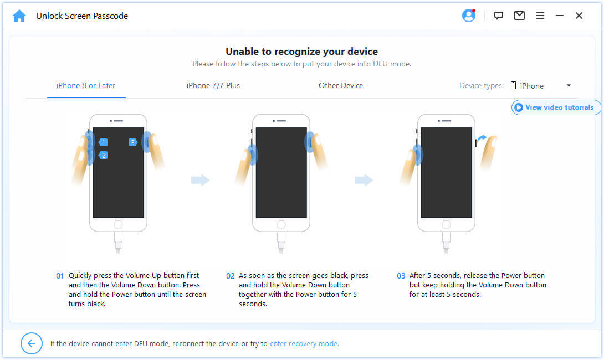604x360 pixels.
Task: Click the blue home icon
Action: [19, 16]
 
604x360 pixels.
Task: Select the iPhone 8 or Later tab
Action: [86, 85]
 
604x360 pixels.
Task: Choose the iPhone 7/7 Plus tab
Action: [213, 85]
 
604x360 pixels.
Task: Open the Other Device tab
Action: [341, 85]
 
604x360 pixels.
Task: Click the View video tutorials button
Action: [555, 107]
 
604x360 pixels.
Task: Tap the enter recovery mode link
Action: [304, 343]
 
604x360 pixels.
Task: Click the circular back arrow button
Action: [32, 343]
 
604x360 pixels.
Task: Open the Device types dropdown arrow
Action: [569, 85]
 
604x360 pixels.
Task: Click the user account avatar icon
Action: [469, 16]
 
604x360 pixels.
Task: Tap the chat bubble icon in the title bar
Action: [499, 16]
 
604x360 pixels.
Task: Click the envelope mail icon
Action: [519, 16]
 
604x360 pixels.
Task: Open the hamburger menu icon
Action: [540, 16]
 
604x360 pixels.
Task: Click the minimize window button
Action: [560, 16]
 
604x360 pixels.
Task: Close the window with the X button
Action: [579, 16]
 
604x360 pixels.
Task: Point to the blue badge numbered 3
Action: [133, 142]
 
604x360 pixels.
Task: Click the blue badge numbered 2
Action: [103, 155]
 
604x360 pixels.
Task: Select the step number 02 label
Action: [231, 276]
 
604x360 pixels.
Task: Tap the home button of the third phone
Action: [446, 224]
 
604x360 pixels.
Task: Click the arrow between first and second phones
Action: [200, 180]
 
